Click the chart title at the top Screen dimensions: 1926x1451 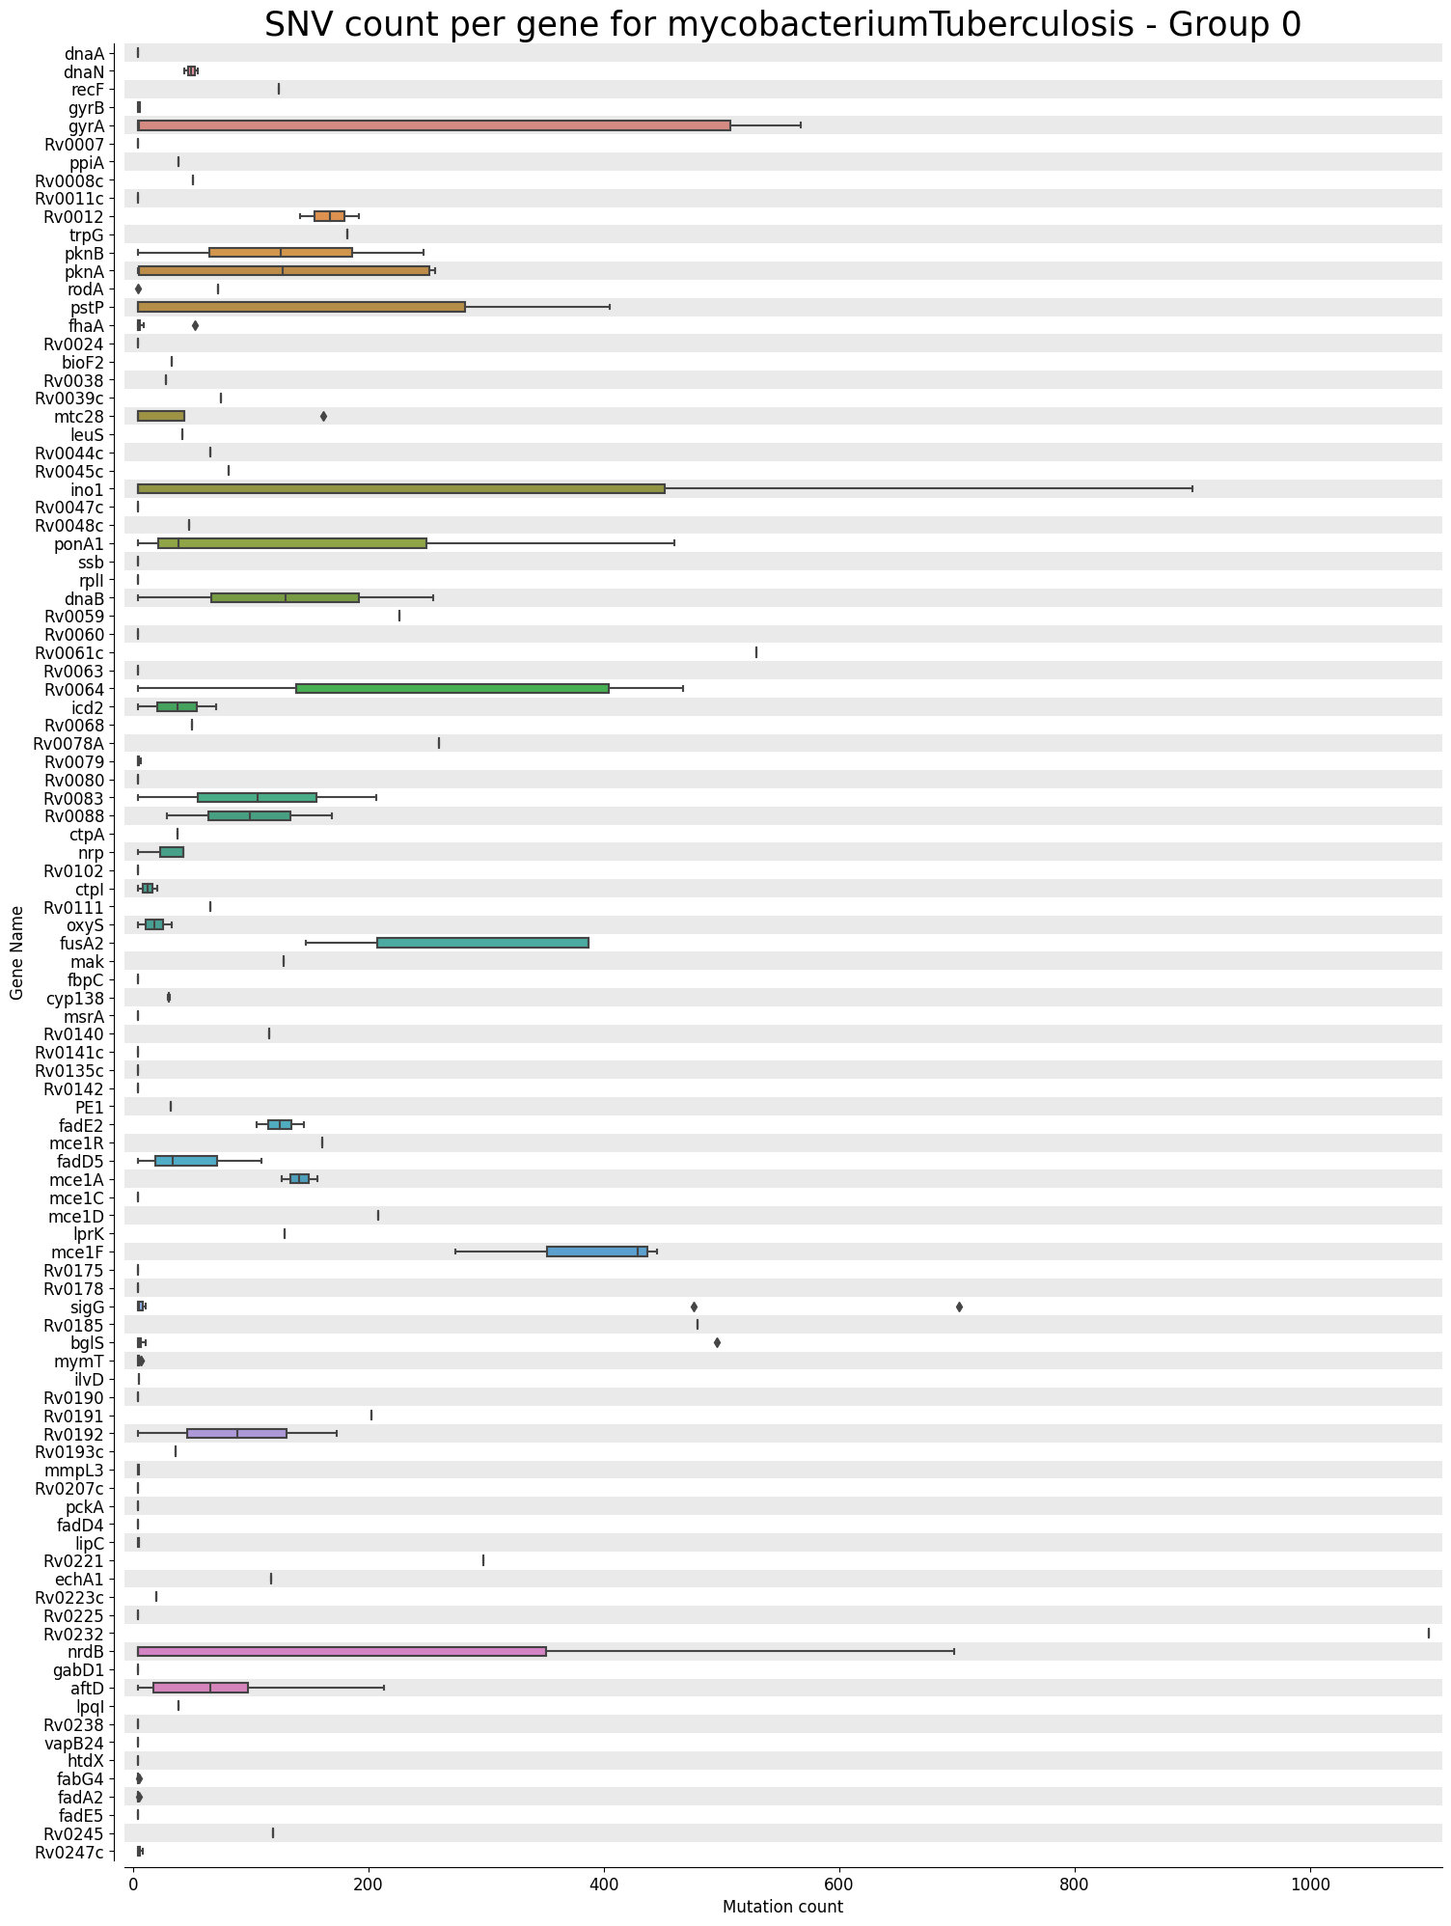782,25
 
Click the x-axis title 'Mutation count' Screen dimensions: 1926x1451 782,1907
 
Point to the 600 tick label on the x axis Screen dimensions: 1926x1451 838,1882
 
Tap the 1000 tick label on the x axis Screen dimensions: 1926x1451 1309,1882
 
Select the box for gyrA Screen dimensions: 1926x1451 434,125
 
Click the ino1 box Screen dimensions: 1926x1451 401,488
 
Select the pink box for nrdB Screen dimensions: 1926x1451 342,1651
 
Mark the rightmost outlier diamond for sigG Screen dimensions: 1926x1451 959,1307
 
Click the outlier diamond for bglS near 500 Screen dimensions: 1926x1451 717,1342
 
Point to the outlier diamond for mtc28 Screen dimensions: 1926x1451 323,416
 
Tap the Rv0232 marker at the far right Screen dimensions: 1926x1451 1428,1633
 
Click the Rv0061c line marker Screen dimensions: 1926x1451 756,652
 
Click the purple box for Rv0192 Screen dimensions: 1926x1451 236,1433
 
